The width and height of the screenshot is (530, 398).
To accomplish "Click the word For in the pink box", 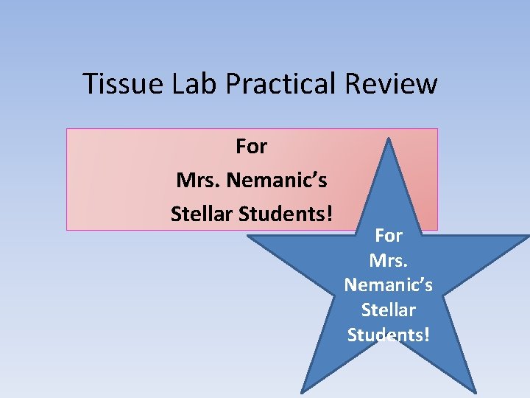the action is [x=251, y=147].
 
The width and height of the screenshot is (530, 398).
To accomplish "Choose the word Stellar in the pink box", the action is [x=200, y=214].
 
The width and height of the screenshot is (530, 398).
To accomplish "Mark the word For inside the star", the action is [x=389, y=236].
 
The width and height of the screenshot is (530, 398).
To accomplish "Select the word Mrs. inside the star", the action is [x=389, y=260].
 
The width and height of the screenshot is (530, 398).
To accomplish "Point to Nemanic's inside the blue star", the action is [x=389, y=284].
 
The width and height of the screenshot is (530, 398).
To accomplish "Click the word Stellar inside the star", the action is [x=389, y=310].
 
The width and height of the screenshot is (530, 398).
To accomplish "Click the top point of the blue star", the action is [x=389, y=138].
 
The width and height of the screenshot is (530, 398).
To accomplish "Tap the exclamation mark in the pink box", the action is [x=330, y=214].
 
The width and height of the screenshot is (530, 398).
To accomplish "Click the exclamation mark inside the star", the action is [x=426, y=335].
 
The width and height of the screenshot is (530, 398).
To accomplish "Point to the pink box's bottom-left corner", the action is [x=68, y=229].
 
